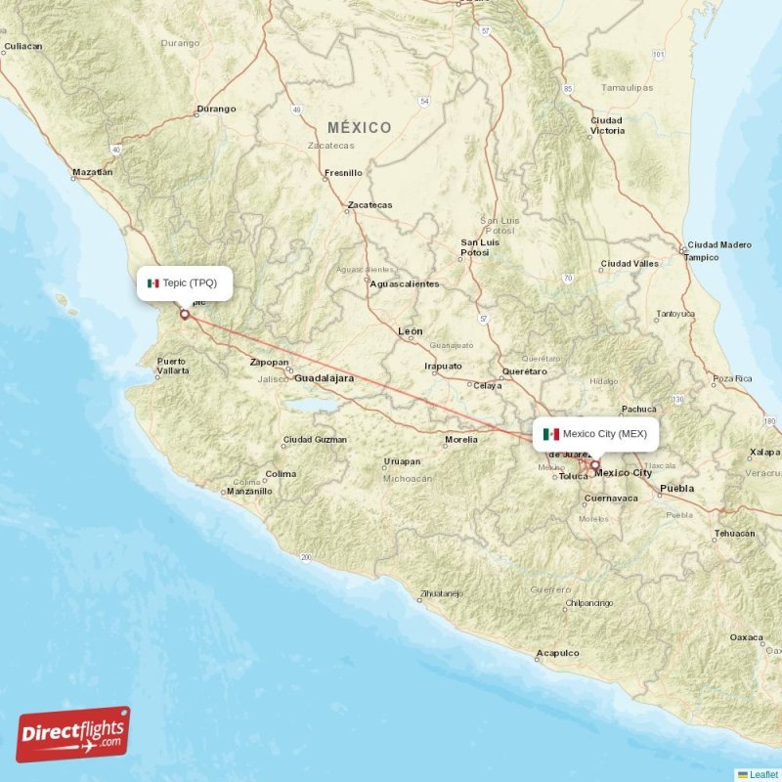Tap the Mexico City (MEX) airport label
(x=604, y=433)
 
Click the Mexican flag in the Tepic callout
(x=152, y=283)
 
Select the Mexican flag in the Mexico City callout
(x=551, y=434)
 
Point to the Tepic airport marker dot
(x=184, y=315)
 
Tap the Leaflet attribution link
(x=763, y=774)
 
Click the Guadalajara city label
(x=324, y=377)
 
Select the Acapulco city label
(x=557, y=654)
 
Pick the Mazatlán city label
(x=93, y=172)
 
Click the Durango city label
(x=216, y=109)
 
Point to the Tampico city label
(x=702, y=257)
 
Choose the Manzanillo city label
(x=248, y=491)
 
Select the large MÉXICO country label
(x=359, y=128)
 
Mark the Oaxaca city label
(x=747, y=637)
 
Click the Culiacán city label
(x=22, y=46)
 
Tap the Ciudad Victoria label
(x=607, y=125)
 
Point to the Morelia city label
(x=460, y=440)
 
